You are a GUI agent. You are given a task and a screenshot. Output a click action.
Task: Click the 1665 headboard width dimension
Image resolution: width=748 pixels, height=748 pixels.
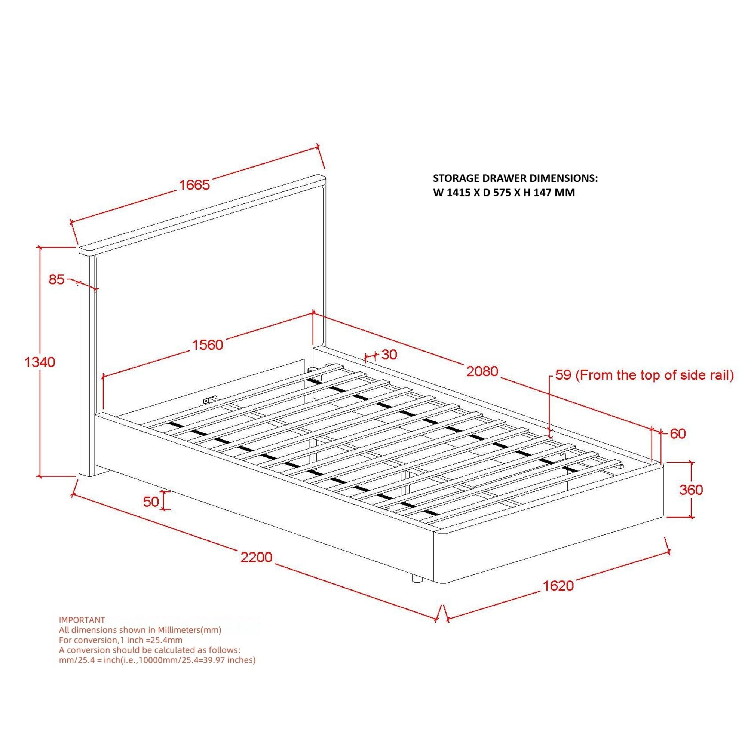[x=194, y=185]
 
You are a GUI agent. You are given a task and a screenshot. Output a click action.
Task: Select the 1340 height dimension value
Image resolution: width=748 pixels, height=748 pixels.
[x=40, y=362]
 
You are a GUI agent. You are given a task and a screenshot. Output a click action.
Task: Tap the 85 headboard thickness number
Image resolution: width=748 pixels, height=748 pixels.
[x=56, y=279]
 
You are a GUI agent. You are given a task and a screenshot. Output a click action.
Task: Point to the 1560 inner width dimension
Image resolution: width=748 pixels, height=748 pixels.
[x=208, y=344]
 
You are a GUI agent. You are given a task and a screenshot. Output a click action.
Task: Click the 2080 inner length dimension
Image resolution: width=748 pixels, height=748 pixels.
[x=482, y=371]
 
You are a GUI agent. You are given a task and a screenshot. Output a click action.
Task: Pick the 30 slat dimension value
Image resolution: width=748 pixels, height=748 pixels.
[x=389, y=355]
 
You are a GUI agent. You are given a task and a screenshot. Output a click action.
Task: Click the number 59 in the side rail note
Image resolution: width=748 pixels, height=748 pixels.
[x=563, y=375]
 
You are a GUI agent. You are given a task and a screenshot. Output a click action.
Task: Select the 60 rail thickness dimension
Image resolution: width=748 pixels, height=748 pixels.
[x=678, y=433]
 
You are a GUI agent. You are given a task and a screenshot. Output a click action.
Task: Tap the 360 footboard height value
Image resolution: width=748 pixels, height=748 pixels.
[x=691, y=490]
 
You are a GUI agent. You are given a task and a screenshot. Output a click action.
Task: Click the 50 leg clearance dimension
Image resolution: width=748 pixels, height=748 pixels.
[x=151, y=502]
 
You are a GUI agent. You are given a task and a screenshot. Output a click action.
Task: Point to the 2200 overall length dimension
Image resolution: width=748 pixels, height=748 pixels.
[x=256, y=557]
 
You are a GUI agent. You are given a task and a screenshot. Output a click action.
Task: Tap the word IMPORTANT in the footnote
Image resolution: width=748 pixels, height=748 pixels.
[x=82, y=620]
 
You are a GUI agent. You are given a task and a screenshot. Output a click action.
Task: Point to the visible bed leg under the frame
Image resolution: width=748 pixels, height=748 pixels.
[x=417, y=590]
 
